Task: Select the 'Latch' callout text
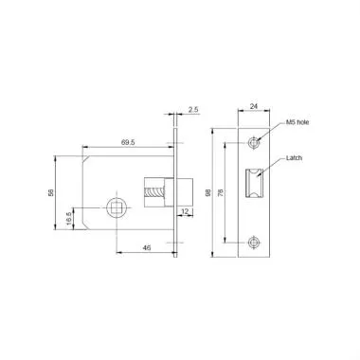point(294,161)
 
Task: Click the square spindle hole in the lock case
point(117,205)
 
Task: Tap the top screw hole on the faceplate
point(253,144)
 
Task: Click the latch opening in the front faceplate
point(253,184)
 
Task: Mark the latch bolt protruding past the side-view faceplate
point(185,188)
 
